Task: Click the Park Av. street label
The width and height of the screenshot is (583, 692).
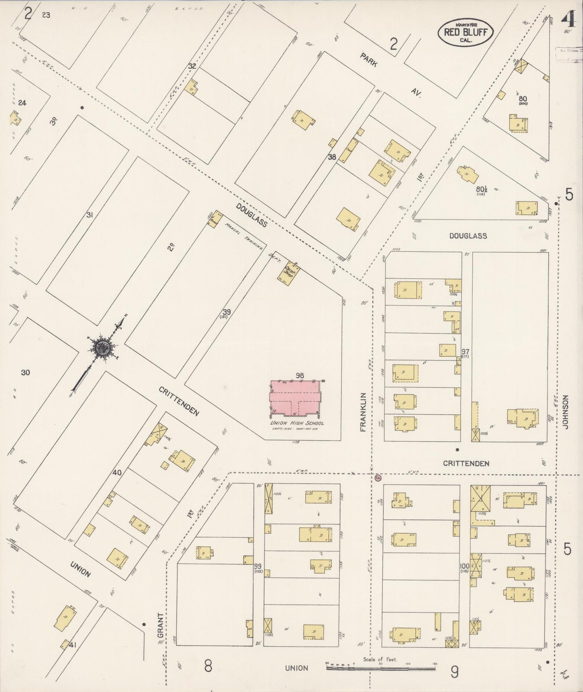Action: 389,76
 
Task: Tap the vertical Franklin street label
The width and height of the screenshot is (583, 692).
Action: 363,412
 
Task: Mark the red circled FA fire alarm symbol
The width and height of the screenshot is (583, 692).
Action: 378,477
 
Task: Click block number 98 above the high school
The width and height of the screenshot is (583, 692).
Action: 299,375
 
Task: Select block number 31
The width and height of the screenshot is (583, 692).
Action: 90,215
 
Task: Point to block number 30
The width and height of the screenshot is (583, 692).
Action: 25,372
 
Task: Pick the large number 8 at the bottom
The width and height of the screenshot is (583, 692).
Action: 208,666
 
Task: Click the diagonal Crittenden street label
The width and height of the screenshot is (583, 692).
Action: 179,401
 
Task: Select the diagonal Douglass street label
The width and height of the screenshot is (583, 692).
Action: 251,215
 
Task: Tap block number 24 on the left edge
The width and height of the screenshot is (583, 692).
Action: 22,103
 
